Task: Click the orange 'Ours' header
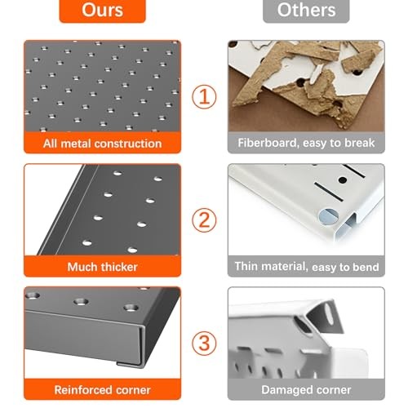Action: [102, 11]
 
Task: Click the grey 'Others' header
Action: [306, 11]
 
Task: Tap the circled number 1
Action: [204, 97]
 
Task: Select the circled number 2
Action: [204, 220]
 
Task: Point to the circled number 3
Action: [204, 343]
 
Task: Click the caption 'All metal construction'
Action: [102, 144]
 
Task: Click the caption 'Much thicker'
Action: [102, 267]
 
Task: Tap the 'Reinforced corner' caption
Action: [102, 390]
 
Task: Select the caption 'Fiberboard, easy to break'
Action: [306, 143]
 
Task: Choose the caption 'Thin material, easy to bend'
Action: [307, 267]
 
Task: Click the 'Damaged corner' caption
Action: [306, 390]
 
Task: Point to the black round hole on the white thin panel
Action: [343, 180]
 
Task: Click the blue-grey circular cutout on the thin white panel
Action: [328, 217]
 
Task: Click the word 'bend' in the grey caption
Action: [366, 267]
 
